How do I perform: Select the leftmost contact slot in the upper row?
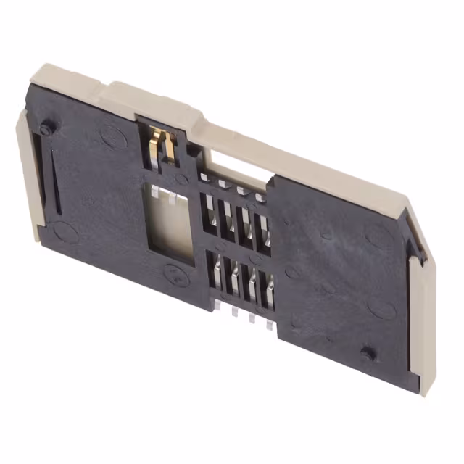point(209,212)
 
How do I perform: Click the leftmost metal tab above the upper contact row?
point(204,178)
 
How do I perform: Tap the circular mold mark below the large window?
point(174,274)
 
